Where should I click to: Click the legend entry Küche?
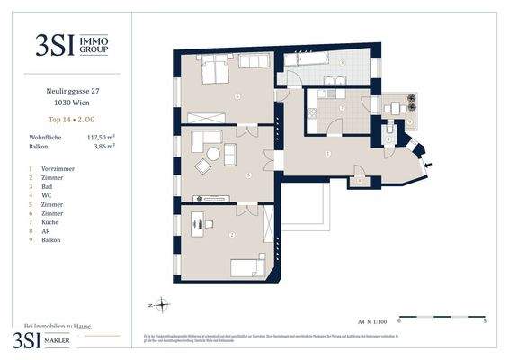pos(49,220)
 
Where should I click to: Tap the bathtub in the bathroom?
pos(308,62)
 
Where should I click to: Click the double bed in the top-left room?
pos(216,69)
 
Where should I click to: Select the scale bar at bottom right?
pos(441,318)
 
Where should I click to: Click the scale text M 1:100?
pos(373,319)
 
